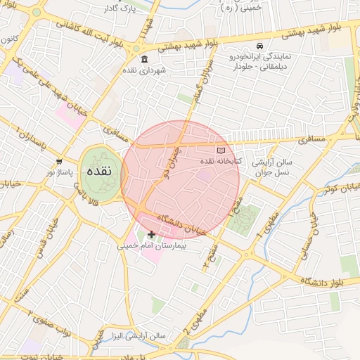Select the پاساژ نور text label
coord(60,172)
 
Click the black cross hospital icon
coord(151,234)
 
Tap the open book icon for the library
coord(222,150)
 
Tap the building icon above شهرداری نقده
coord(144,60)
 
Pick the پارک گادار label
coord(118,8)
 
